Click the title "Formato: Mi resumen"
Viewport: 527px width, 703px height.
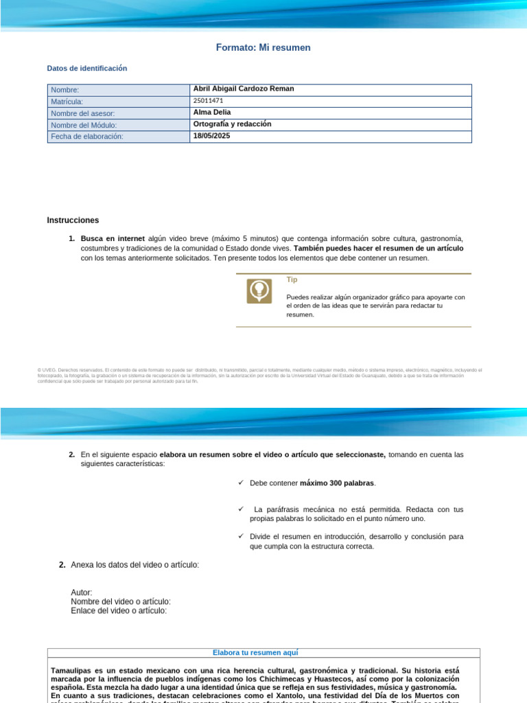pos(263,47)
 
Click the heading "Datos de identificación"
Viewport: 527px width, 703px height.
pos(86,69)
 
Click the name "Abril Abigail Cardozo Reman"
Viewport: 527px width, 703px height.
pos(244,89)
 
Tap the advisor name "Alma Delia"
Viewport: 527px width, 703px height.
pos(212,112)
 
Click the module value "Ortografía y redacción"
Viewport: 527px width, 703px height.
pos(233,124)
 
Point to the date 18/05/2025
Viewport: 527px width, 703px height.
pos(212,136)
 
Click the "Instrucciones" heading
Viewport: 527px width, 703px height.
pos(73,220)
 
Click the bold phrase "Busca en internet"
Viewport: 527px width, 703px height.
pos(113,238)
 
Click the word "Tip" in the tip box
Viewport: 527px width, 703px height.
pos(292,280)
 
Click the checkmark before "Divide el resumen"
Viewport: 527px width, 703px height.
pos(241,535)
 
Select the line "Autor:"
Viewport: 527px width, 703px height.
pos(82,592)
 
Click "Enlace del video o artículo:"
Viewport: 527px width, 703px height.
pos(119,610)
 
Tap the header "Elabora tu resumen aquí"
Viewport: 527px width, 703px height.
pos(263,653)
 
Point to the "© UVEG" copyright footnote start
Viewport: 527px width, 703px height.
pos(46,370)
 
